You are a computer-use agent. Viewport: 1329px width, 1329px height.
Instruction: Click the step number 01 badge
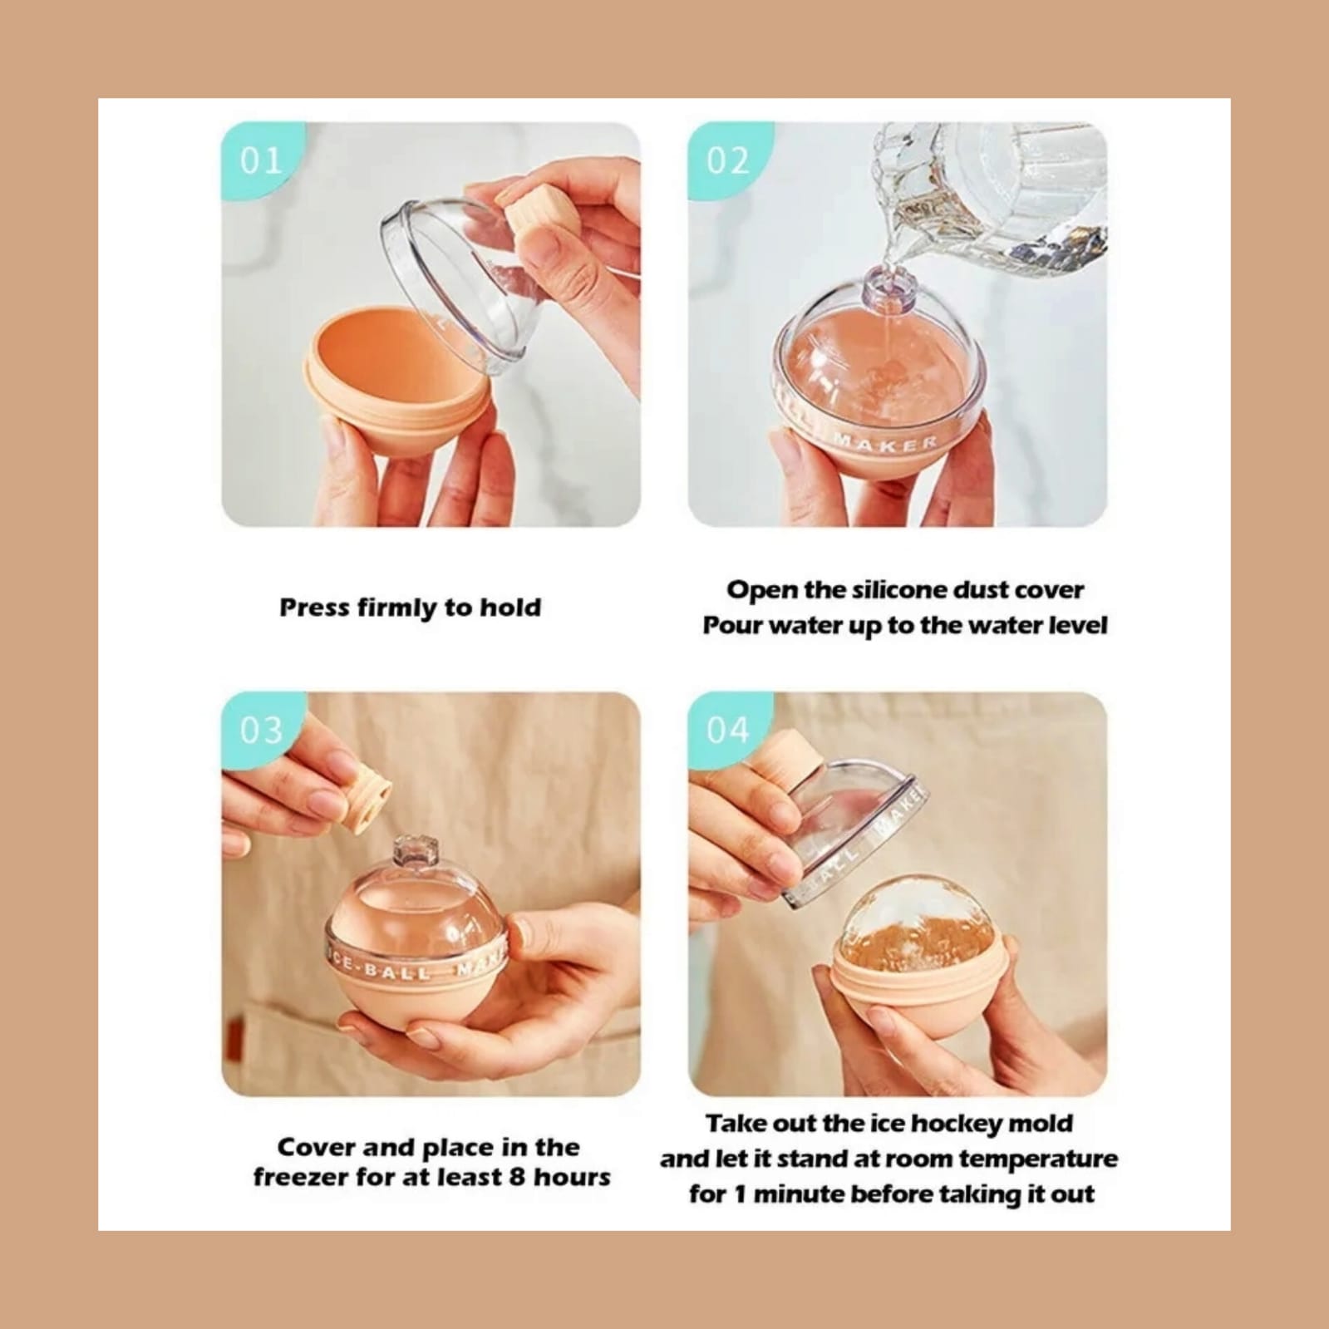tap(258, 159)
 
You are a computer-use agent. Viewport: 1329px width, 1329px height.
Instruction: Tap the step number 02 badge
tap(725, 159)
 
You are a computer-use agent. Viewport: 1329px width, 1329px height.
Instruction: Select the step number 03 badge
tap(258, 729)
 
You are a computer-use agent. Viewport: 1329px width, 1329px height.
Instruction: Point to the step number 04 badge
tap(725, 729)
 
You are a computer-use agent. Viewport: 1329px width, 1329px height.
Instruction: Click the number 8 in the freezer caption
tap(516, 1177)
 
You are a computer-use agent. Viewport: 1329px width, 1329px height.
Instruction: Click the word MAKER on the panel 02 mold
tap(884, 443)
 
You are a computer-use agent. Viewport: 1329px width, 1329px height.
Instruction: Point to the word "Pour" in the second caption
tap(733, 625)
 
